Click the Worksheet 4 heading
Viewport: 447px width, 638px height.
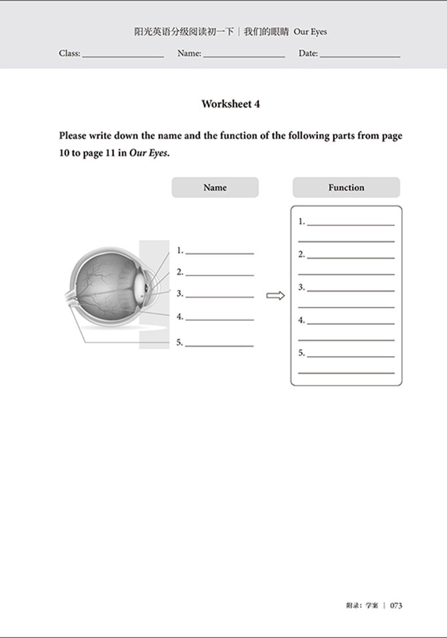(230, 104)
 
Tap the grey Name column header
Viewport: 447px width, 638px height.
(215, 187)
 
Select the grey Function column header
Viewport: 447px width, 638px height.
(346, 187)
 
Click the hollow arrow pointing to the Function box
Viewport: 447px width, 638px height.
(276, 296)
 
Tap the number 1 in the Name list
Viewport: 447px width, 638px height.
(179, 250)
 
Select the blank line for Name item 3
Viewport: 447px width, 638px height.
(220, 297)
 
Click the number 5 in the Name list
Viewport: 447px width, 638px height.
(179, 342)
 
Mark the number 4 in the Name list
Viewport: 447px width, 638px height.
(179, 317)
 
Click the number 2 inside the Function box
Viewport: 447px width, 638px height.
(302, 255)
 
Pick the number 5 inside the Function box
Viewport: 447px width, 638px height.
(302, 353)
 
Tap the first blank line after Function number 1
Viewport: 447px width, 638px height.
(351, 225)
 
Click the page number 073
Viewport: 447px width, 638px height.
(396, 605)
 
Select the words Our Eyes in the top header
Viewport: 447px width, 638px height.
(310, 32)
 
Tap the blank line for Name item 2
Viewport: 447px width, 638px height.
(220, 275)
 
